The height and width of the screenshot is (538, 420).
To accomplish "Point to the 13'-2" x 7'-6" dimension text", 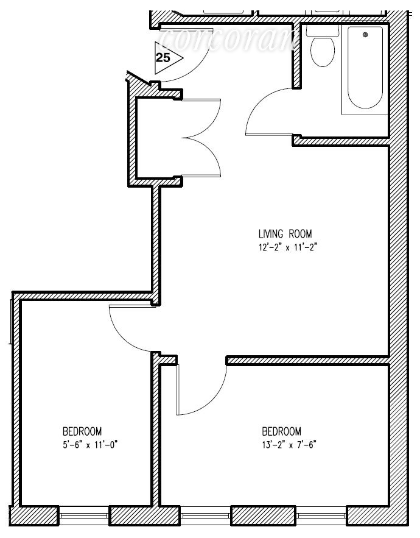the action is tap(285, 444).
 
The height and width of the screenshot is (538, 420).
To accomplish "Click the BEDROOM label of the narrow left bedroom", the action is tap(82, 430).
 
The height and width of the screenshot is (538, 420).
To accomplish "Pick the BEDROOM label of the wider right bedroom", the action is tap(281, 430).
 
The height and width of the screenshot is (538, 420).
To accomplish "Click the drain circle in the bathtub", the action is tap(365, 35).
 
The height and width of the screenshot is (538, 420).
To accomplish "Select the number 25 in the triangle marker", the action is tap(163, 58).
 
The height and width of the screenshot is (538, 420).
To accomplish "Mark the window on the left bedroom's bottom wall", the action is tap(85, 515).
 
